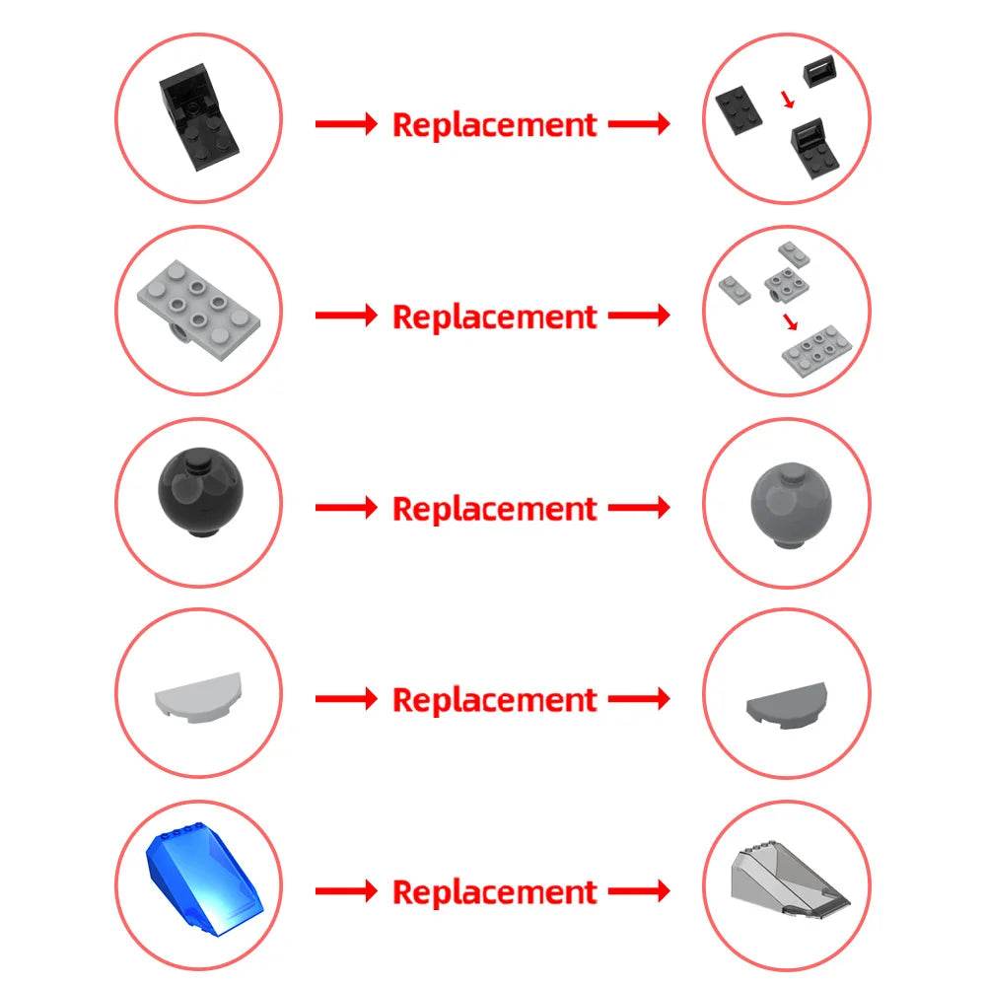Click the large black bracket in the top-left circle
point(198,117)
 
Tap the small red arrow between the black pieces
point(788,100)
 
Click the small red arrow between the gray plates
point(791,321)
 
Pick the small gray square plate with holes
point(787,284)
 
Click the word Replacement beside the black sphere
point(494,508)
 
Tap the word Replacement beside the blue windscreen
point(494,891)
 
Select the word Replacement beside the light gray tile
point(494,699)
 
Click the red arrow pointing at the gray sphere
point(639,507)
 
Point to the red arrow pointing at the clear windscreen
point(639,890)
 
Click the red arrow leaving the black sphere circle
point(346,507)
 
